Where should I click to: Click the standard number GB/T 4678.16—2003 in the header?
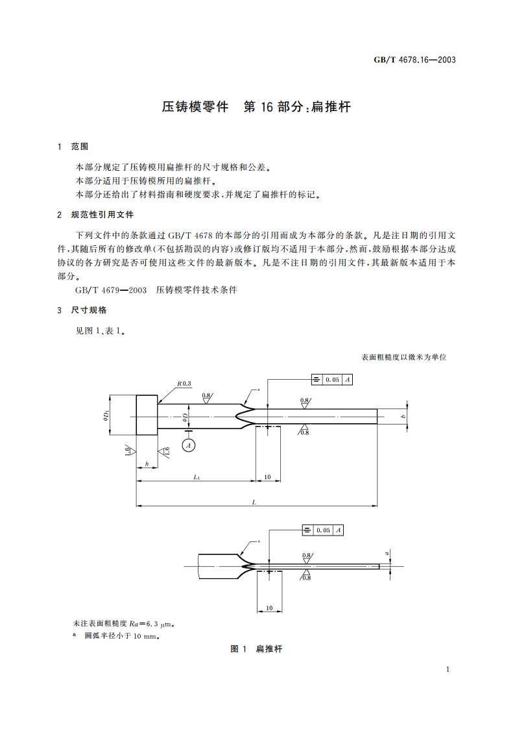(415, 60)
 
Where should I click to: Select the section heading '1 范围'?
(73, 147)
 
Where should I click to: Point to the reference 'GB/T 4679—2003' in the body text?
(110, 290)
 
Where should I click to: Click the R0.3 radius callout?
(185, 384)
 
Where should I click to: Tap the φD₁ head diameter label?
(105, 416)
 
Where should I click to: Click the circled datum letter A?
(188, 445)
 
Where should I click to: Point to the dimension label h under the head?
(147, 463)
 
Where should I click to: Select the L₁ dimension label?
(196, 476)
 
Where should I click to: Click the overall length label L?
(254, 501)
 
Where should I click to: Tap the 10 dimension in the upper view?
(267, 476)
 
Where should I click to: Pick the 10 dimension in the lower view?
(269, 608)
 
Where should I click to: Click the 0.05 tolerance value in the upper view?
(332, 380)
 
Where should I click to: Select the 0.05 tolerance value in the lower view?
(322, 530)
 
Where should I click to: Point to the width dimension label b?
(403, 416)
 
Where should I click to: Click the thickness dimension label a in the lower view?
(387, 554)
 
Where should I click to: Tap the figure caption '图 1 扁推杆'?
(257, 649)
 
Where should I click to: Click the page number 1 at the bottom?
(448, 669)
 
